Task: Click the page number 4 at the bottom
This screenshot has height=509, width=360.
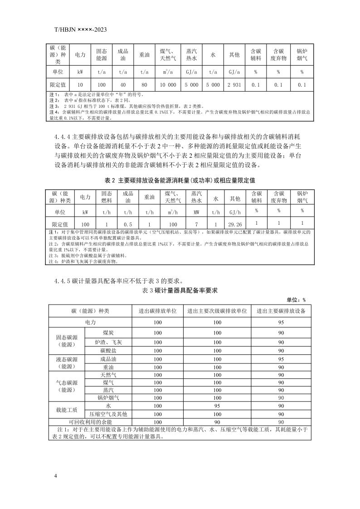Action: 55,476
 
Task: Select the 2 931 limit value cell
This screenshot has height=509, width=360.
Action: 234,85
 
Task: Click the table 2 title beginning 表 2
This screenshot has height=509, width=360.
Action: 180,180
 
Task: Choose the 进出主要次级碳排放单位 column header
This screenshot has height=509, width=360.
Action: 217,311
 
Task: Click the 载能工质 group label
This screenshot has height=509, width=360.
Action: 67,410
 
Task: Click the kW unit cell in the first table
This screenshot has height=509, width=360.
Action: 80,72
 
